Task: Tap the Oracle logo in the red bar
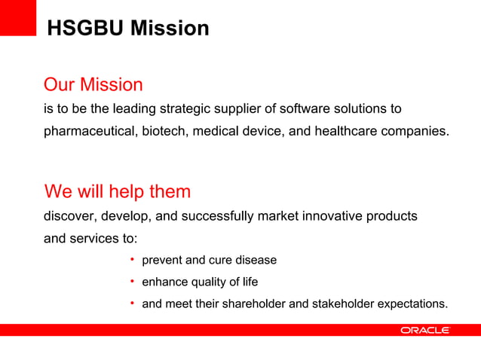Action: [424, 330]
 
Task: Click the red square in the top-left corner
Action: [18, 17]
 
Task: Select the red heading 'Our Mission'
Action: [93, 84]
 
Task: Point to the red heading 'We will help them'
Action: [118, 191]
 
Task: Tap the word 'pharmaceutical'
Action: [87, 131]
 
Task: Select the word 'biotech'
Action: [161, 131]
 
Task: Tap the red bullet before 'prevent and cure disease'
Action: [131, 260]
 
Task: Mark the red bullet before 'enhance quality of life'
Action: [131, 282]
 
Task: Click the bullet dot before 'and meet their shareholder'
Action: [131, 304]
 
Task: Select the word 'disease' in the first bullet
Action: [256, 261]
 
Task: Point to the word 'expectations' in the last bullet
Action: [411, 305]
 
